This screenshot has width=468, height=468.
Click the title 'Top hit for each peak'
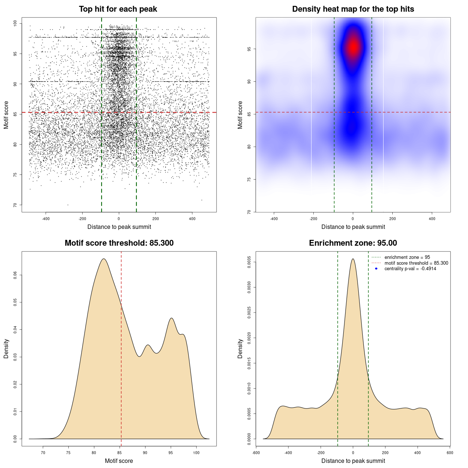(x=118, y=9)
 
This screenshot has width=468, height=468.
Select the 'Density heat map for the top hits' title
(x=353, y=9)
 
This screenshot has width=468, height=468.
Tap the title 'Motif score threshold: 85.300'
(x=119, y=243)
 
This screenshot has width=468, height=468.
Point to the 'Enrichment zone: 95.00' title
(x=353, y=243)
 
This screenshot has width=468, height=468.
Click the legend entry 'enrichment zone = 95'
(x=407, y=257)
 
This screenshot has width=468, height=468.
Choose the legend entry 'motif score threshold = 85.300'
(x=416, y=263)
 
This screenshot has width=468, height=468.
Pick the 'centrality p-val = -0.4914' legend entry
(x=410, y=269)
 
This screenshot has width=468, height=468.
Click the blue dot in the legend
(x=376, y=269)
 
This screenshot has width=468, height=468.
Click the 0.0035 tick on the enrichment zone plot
(x=249, y=262)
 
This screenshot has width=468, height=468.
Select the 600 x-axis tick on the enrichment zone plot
(x=450, y=453)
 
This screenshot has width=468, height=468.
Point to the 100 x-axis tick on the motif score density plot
(x=196, y=453)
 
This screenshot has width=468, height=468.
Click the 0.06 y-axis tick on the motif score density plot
(x=15, y=275)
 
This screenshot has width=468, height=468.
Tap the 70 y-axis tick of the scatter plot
(x=15, y=205)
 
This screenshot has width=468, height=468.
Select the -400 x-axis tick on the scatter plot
(x=46, y=219)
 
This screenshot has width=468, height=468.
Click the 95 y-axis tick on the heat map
(x=249, y=49)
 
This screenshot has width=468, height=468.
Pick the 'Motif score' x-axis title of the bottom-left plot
(x=119, y=461)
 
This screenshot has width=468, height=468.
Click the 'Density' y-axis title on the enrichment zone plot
(x=240, y=348)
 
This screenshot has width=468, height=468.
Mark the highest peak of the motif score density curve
(x=104, y=259)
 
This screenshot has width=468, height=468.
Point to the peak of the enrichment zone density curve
(x=353, y=259)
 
